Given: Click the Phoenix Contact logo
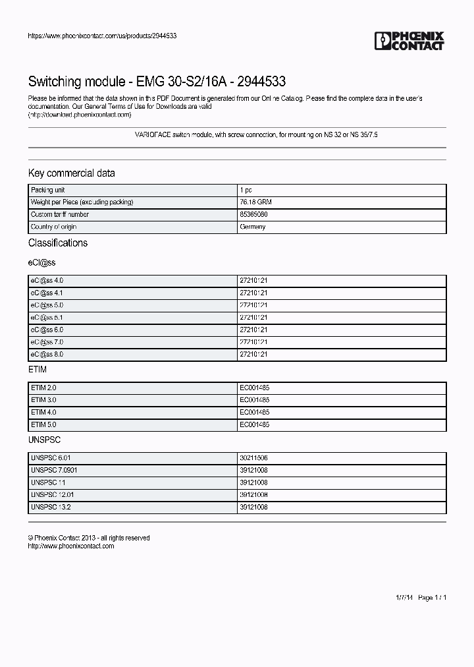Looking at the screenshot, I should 409,41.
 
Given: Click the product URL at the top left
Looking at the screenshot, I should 102,36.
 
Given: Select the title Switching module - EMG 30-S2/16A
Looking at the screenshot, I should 157,82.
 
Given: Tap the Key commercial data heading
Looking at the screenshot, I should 71,173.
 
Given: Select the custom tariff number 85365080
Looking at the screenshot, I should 253,215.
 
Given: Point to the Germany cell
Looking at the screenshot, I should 253,227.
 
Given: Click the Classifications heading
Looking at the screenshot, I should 57,243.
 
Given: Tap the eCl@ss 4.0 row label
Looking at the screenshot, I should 47,281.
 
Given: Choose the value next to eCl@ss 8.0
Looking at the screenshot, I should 253,355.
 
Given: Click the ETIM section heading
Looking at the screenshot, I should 37,371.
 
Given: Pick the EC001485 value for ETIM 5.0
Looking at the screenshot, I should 254,425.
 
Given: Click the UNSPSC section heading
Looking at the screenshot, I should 44,440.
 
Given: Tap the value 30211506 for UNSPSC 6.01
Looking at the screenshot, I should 253,458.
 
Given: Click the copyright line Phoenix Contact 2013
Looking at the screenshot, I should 89,538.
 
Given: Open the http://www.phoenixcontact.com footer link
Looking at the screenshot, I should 71,546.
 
